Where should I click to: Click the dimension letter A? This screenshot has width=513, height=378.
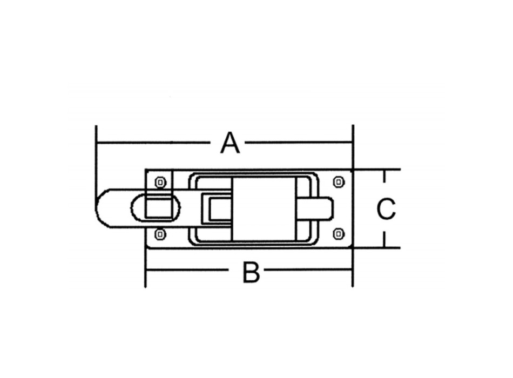[231, 143]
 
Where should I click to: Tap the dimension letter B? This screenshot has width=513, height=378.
[251, 272]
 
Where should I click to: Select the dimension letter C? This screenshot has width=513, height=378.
[386, 208]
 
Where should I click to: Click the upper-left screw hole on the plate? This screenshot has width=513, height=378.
[160, 182]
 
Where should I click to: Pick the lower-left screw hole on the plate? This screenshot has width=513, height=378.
[160, 234]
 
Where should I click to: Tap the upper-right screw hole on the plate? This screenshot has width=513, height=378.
[339, 182]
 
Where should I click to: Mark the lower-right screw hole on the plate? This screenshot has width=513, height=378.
[339, 234]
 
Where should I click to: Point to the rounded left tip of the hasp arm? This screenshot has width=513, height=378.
[96, 208]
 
